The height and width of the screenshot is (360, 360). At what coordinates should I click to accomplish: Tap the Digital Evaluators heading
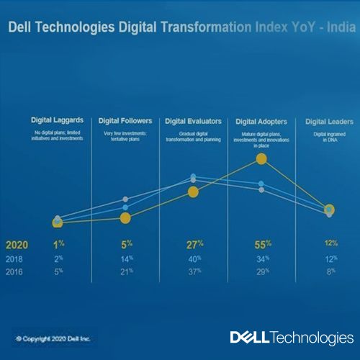click(193, 121)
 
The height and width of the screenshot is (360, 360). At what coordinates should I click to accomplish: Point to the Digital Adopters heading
click(262, 121)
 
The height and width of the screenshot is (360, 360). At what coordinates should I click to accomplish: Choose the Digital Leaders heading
click(328, 121)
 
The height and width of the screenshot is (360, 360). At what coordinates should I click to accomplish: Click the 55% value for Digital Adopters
click(262, 244)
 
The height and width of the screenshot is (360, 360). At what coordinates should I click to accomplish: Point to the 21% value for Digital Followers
click(125, 271)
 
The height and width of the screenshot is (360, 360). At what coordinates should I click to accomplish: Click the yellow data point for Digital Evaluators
click(192, 192)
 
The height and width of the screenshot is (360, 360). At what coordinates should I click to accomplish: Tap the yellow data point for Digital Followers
click(125, 217)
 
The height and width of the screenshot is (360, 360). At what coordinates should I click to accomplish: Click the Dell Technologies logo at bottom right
click(292, 337)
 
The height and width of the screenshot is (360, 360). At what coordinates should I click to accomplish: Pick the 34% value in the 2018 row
click(262, 258)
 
